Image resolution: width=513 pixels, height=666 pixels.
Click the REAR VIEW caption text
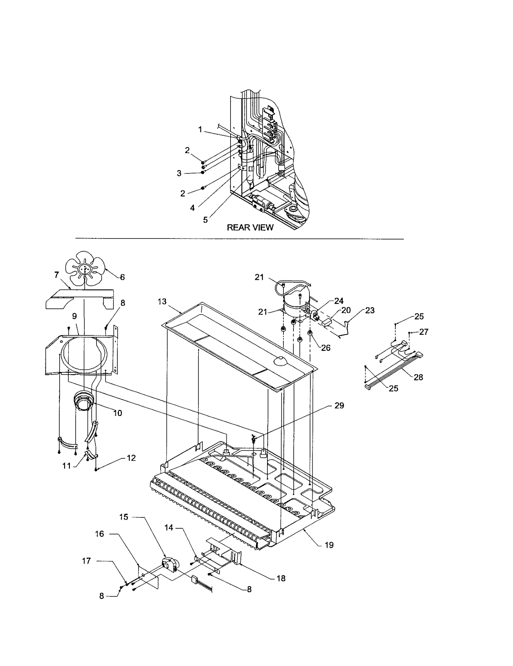pos(250,228)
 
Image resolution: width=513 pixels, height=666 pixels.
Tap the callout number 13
pos(162,301)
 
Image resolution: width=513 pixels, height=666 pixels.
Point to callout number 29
pos(339,406)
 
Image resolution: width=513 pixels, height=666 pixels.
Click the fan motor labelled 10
pos(83,401)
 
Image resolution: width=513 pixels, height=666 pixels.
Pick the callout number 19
pos(329,545)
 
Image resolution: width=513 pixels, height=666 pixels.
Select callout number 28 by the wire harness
pos(418,377)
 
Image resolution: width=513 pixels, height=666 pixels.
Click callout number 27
pos(424,332)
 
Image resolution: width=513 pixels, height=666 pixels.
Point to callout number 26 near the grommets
pos(325,348)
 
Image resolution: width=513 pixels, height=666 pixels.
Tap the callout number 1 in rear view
pos(200,130)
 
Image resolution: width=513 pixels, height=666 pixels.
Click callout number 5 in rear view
pos(205,220)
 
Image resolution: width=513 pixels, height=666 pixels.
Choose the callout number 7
pos(57,275)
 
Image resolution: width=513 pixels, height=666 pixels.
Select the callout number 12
pos(131,458)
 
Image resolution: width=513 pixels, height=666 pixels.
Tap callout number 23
pos(370,310)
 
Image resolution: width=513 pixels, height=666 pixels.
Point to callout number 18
pos(281,578)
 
